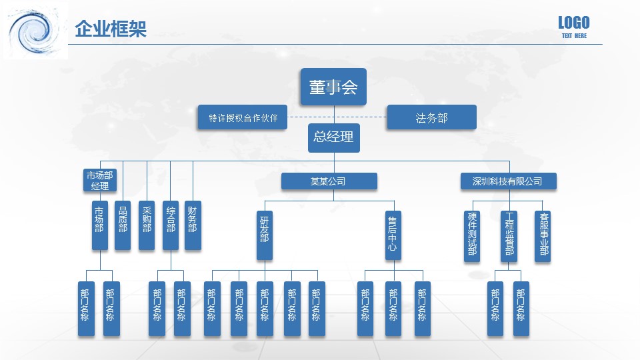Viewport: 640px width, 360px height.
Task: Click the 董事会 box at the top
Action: coord(333,87)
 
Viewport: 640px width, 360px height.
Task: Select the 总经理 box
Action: coord(333,137)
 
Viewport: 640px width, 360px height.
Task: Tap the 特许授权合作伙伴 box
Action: coord(243,117)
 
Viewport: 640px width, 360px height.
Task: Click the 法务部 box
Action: coord(431,117)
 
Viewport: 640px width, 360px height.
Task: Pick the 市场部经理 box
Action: coord(99,180)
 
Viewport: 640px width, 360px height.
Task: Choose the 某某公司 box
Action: coord(329,181)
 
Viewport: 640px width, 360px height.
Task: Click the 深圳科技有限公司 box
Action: coord(508,181)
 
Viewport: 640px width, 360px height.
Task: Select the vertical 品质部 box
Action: coord(123,225)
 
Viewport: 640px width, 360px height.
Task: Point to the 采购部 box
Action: coord(147,225)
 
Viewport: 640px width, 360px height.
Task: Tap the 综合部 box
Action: coord(171,225)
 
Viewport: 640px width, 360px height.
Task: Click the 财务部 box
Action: coord(193,225)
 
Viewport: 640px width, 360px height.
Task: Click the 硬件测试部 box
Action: coord(472,236)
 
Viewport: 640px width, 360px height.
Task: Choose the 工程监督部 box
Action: coord(509,236)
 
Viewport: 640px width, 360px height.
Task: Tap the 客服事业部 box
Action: coord(543,236)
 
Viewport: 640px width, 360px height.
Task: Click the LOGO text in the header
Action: coord(573,23)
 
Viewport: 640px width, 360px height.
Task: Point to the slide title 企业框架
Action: coord(111,29)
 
